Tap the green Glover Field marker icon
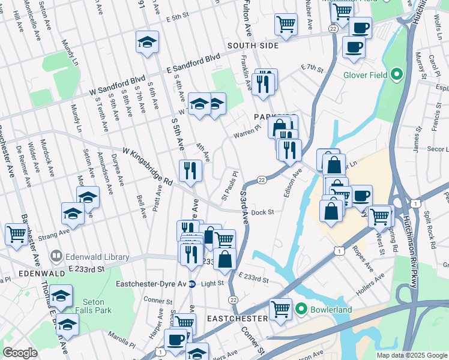click(x=396, y=75)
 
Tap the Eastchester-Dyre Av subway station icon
click(x=192, y=284)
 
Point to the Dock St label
click(x=262, y=212)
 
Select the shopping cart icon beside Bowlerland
click(x=281, y=309)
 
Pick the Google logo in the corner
click(x=20, y=353)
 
